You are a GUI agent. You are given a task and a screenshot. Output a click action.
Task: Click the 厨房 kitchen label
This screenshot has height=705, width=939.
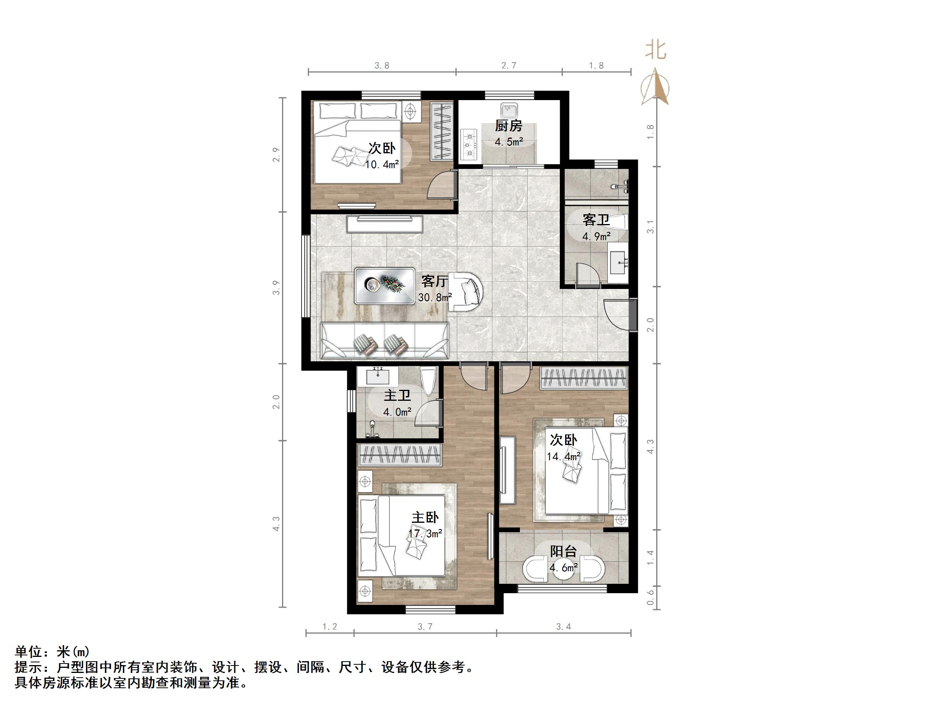point(508,126)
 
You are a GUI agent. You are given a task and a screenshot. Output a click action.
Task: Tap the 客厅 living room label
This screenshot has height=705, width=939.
point(434,281)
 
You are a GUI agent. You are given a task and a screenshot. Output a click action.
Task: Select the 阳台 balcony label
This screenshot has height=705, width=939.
point(563,552)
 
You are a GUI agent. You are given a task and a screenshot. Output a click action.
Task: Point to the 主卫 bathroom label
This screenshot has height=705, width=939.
point(397,396)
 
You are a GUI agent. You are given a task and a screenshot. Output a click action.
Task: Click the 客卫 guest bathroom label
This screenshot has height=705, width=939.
point(596,220)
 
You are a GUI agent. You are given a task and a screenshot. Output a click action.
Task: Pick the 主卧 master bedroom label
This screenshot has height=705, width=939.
point(425,518)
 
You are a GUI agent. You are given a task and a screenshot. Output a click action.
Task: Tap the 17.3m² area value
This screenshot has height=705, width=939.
point(425,533)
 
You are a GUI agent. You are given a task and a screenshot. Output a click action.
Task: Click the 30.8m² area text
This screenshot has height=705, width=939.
point(435,298)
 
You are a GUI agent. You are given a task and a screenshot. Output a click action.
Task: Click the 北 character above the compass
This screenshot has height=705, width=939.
point(656,50)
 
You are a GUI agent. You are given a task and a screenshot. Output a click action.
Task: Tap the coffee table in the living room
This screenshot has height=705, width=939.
point(385,285)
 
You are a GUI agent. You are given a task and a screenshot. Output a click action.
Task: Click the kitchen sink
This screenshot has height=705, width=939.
point(509,111)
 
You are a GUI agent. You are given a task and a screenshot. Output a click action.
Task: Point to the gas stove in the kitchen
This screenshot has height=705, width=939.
point(469,145)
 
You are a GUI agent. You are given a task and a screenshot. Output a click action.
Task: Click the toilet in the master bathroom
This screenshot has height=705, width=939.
point(428,382)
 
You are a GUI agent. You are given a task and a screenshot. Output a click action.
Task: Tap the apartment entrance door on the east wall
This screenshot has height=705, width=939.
point(632,314)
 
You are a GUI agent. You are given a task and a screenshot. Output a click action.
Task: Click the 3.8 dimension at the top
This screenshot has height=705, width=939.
point(382,65)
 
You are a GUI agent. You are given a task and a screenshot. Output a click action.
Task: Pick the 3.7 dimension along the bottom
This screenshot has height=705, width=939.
point(425,627)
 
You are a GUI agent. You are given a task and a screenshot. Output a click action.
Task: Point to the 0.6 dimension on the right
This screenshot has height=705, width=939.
point(650,597)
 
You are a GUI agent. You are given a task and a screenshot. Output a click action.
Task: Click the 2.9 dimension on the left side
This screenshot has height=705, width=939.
point(277,155)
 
